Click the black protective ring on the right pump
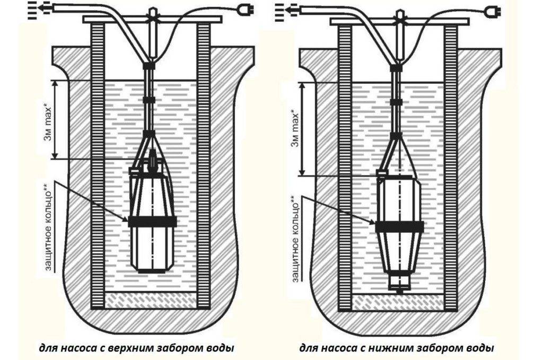[399, 227]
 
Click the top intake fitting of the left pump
[152, 159]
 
